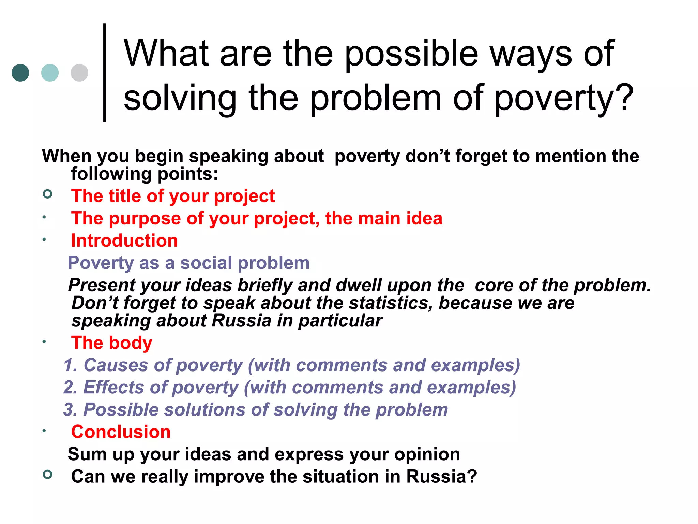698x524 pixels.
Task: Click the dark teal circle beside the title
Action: click(x=20, y=73)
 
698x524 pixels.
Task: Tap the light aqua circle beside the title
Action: click(x=50, y=73)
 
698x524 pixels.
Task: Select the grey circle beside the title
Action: click(x=79, y=73)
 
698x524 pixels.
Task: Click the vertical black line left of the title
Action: click(x=105, y=72)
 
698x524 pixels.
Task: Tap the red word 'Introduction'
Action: click(x=124, y=241)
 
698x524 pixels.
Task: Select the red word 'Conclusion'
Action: click(x=121, y=432)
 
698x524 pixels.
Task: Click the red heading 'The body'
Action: click(x=111, y=343)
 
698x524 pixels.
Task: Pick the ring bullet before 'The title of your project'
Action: click(x=48, y=194)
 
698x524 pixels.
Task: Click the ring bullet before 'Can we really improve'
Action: click(x=48, y=474)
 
